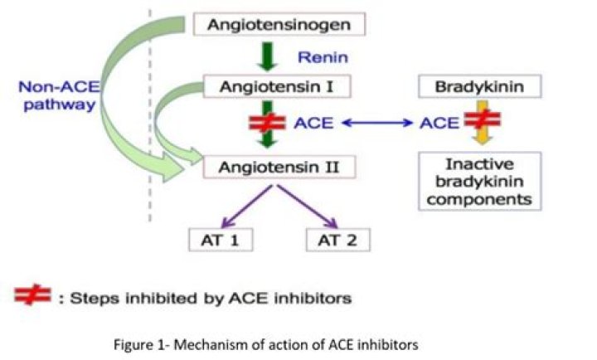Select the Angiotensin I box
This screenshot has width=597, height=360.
[x=280, y=85]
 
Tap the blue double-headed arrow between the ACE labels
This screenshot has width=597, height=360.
[x=376, y=124]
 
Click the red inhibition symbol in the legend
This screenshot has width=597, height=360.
[x=32, y=296]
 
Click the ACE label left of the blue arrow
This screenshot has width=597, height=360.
[x=313, y=124]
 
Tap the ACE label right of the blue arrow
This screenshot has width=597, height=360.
[x=439, y=124]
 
